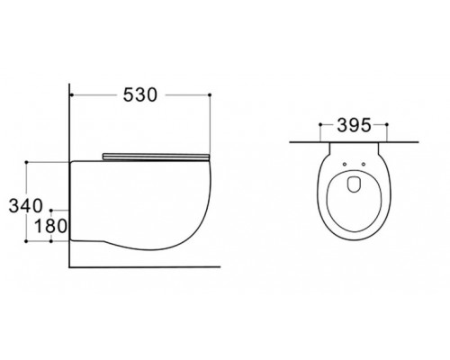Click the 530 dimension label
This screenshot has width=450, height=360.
click(140, 94)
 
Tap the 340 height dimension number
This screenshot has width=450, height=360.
click(26, 206)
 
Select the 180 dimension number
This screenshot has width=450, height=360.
click(50, 226)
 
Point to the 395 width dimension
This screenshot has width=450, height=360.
click(354, 125)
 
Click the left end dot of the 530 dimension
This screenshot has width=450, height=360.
click(71, 95)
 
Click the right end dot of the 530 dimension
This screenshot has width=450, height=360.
click(210, 94)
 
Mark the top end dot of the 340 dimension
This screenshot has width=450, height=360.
click(26, 162)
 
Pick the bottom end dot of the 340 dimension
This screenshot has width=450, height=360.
click(26, 241)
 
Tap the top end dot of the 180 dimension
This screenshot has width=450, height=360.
click(51, 211)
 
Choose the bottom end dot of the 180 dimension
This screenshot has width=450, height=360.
click(51, 241)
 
